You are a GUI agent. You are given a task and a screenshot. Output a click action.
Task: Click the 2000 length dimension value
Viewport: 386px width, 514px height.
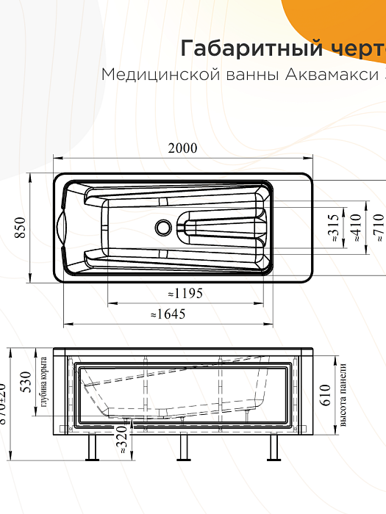click(x=182, y=148)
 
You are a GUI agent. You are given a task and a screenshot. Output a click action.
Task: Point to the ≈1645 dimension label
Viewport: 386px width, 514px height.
click(x=168, y=314)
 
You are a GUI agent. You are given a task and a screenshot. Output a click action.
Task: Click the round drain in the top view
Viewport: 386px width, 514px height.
click(x=162, y=228)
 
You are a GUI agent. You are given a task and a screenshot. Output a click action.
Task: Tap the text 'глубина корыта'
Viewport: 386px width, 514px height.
click(x=45, y=383)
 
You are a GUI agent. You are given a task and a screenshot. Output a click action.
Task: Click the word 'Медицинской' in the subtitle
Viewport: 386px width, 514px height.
click(x=152, y=76)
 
